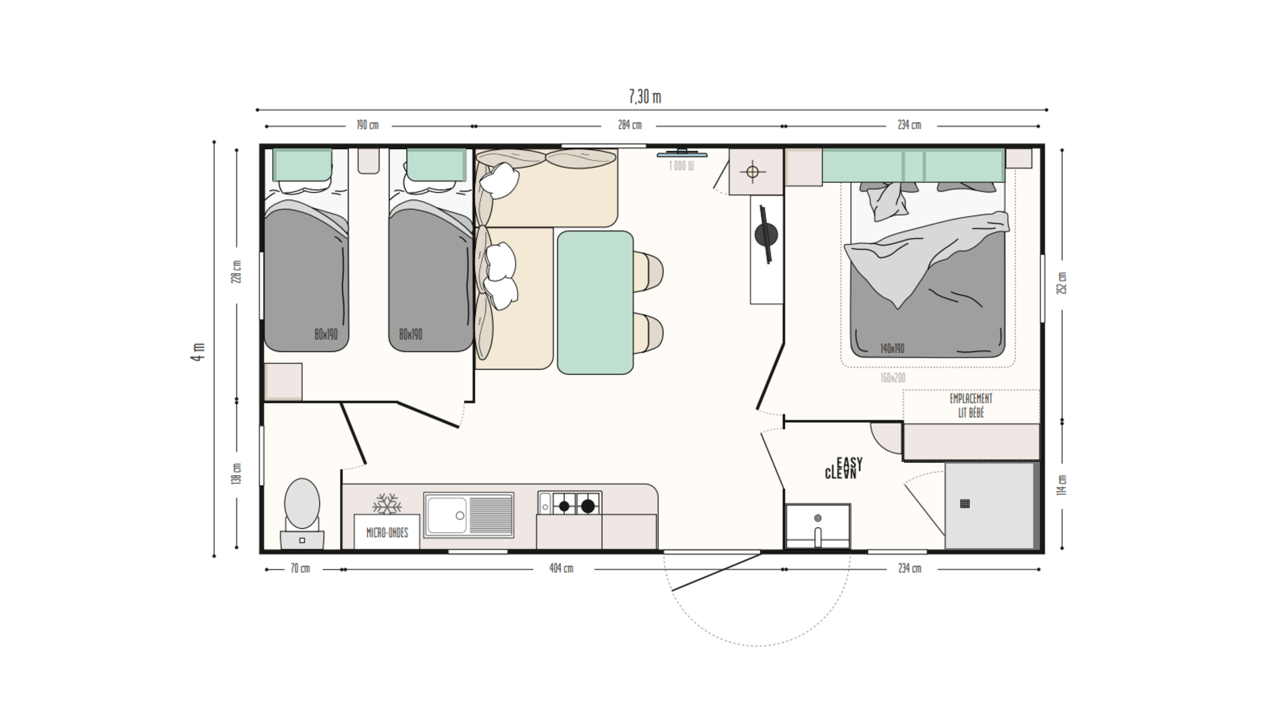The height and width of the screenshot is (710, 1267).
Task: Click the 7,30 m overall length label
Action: point(645,97)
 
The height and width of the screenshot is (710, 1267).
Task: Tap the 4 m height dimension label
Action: point(198,351)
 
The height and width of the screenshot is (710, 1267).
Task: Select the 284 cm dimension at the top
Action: point(630,125)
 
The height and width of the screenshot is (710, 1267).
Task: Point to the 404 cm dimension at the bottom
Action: point(561,568)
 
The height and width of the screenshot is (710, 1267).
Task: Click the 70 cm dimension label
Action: point(300,568)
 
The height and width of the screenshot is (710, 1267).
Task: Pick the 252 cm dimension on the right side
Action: point(1062,283)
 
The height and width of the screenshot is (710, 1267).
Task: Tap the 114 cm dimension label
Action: point(1062,485)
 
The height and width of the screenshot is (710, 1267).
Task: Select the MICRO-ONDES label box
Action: point(387,532)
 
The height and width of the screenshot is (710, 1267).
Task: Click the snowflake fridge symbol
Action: point(387,504)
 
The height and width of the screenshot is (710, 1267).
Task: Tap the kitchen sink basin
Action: point(446,515)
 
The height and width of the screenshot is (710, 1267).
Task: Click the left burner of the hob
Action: point(564,506)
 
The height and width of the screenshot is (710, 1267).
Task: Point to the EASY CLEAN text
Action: point(844,468)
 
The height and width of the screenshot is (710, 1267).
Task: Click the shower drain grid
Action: point(964,503)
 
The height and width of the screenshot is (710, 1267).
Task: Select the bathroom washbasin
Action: point(818,525)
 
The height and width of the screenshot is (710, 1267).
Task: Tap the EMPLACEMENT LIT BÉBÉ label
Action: point(971,406)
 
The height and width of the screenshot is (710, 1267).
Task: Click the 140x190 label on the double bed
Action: point(892,348)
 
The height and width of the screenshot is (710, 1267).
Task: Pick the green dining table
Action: point(595,302)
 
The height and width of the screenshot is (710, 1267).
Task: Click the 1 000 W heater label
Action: point(681,166)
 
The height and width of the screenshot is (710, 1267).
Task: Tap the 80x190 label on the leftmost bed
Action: point(326,335)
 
